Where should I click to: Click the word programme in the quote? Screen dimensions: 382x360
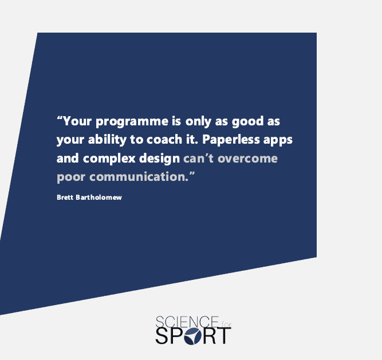pos(132,122)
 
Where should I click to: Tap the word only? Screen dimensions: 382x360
pos(198,121)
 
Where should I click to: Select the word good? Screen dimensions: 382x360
pos(247,121)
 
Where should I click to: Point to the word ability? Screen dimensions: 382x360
pos(107,140)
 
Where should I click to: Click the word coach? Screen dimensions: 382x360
pos(164,140)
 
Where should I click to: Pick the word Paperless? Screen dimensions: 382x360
pos(231,140)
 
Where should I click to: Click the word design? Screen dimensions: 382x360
pos(159,159)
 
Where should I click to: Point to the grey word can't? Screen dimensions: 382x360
pos(198,159)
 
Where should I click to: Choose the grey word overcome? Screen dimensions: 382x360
pos(247,159)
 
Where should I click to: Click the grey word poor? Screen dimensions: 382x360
pos(71,177)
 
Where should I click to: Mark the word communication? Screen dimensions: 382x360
pos(139,176)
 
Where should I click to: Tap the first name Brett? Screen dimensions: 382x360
pos(65,197)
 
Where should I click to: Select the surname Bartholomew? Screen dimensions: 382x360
pos(99,197)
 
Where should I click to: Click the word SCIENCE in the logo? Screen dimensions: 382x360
pos(187,322)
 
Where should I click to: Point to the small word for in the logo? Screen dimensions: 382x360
pos(226,325)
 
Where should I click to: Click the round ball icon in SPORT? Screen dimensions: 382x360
pos(192,336)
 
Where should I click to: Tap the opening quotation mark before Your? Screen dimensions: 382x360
pos(60,118)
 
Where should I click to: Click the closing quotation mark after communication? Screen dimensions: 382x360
pos(192,173)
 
